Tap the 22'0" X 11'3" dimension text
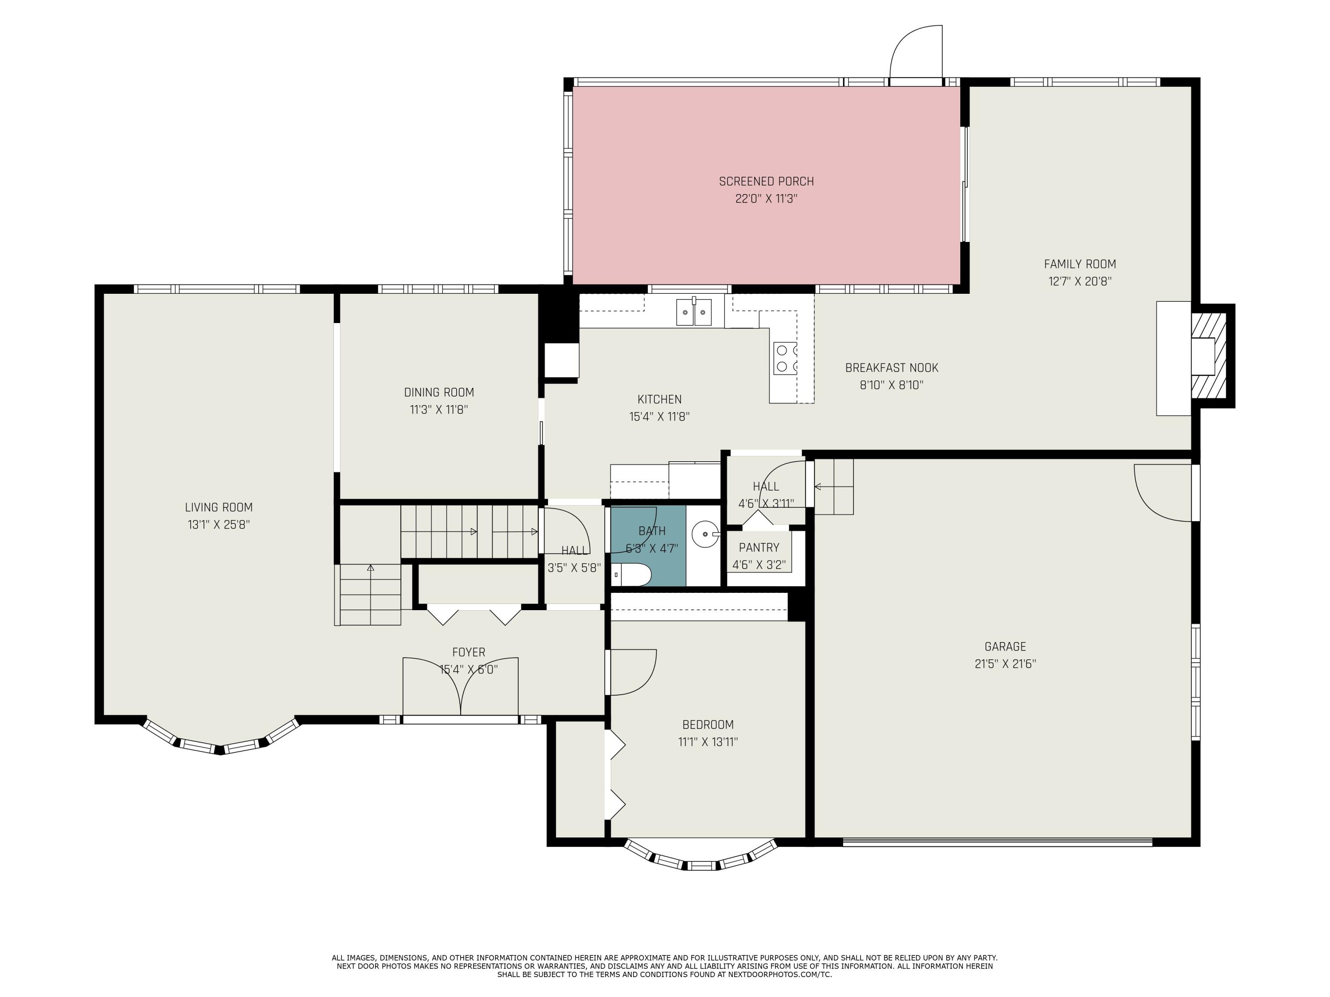[766, 199]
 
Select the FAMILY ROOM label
[1080, 264]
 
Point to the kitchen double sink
[694, 312]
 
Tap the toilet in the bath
[632, 575]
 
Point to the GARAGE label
[1005, 646]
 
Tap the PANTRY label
[759, 548]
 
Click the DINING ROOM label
[439, 393]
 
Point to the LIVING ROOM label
[219, 507]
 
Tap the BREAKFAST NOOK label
[892, 368]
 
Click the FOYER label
[469, 652]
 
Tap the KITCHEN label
[660, 399]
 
